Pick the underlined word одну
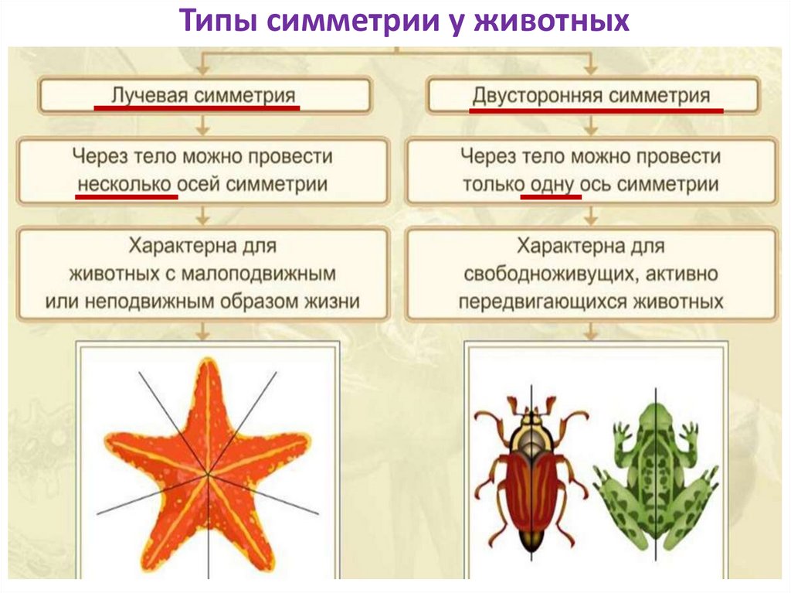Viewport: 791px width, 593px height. coord(552,186)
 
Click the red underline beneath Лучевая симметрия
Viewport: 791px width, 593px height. coord(196,108)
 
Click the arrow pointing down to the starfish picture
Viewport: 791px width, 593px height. coord(202,331)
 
